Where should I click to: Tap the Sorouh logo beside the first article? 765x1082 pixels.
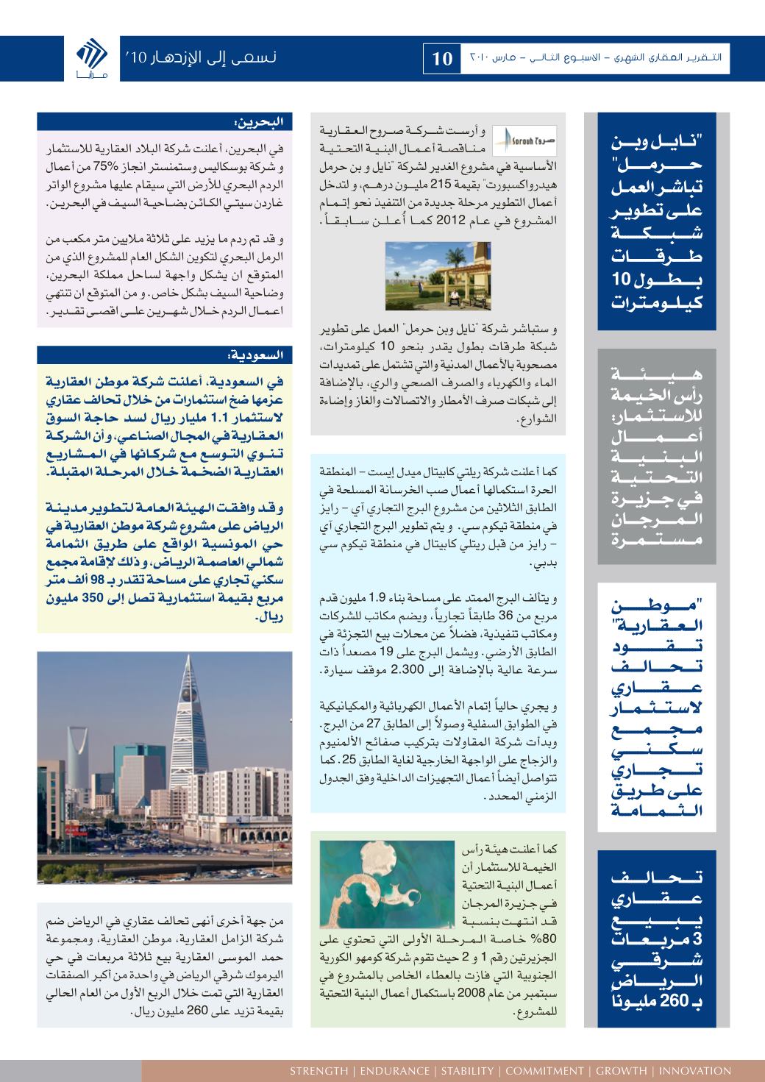coord(516,139)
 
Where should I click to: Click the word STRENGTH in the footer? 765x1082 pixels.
coord(319,1070)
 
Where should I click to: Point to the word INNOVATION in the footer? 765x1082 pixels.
coord(695,1070)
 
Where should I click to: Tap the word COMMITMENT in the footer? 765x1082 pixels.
coord(544,1070)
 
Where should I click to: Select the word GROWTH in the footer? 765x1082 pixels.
coord(621,1070)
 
